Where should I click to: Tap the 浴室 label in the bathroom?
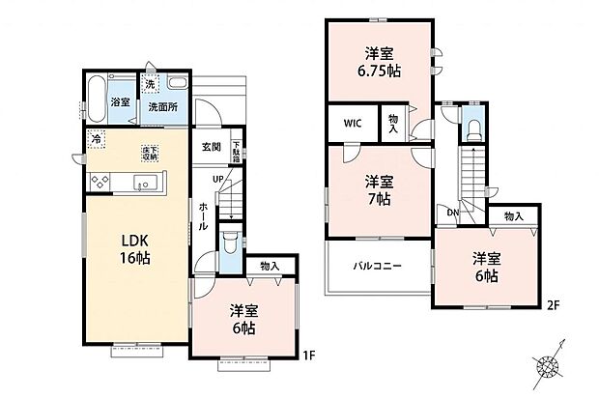(x=120, y=101)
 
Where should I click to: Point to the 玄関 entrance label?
(x=212, y=147)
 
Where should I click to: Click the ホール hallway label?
(x=204, y=215)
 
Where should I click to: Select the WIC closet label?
(x=351, y=125)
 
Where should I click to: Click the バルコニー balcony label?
(x=377, y=265)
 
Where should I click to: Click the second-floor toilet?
(x=472, y=130)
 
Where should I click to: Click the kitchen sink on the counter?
(x=147, y=184)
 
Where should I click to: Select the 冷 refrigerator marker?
(x=97, y=141)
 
